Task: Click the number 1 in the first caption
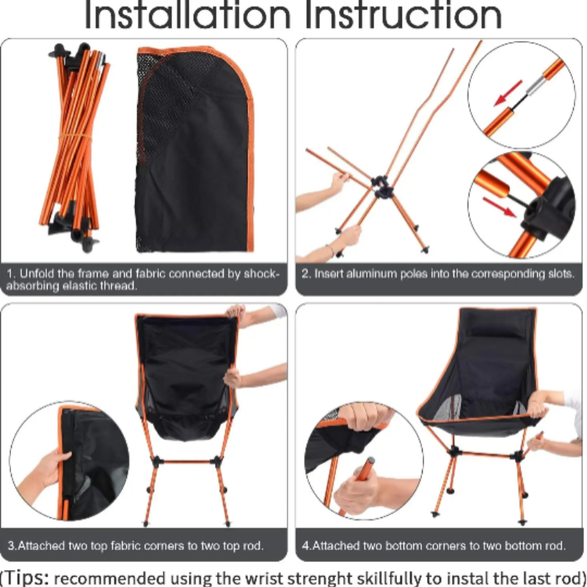(x=10, y=274)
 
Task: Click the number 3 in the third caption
(x=10, y=546)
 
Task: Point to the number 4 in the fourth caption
(x=305, y=546)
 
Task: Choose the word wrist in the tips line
(x=244, y=577)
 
